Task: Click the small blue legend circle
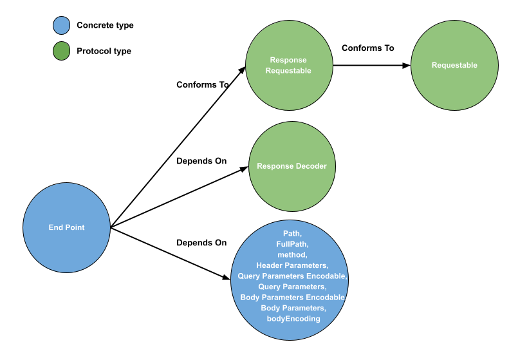tap(61, 26)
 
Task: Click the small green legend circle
tap(61, 51)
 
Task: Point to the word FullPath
tap(292, 244)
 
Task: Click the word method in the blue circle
tap(292, 254)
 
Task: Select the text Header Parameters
tap(292, 265)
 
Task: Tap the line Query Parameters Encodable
tap(292, 276)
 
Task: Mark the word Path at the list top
tap(292, 233)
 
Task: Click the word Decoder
tap(311, 166)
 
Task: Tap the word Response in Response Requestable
tap(288, 60)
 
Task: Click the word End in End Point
tap(55, 227)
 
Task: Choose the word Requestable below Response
tap(288, 71)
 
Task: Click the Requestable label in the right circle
tap(454, 65)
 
